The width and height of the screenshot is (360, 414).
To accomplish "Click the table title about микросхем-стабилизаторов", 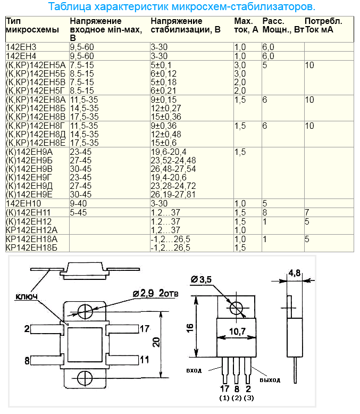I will (181, 7).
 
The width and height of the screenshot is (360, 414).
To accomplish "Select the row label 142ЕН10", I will (23, 203).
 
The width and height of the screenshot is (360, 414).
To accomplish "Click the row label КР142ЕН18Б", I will (31, 247).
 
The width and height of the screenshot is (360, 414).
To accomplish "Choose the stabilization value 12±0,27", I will (166, 108).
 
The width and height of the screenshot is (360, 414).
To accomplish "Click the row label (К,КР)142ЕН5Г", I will (36, 90).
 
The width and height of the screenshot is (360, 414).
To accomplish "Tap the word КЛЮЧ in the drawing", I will (26, 296).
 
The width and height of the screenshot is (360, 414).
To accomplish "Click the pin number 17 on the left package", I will (146, 328).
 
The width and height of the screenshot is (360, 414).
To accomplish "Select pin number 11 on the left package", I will (145, 360).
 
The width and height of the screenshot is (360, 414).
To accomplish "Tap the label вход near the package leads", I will (194, 370).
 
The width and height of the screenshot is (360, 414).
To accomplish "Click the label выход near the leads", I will (270, 379).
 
